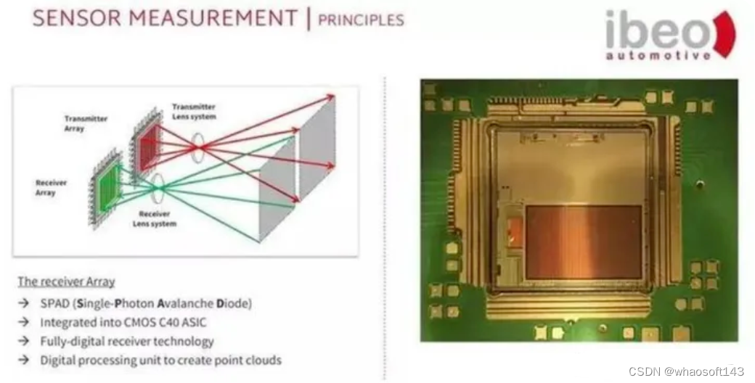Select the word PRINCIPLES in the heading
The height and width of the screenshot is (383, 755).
coord(361,19)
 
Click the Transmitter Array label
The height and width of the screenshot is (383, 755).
coord(85,123)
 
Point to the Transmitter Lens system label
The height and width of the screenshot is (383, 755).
coord(194,111)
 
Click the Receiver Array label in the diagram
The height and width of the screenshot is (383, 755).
coord(52,187)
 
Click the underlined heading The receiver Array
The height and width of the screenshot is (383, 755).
coord(66,281)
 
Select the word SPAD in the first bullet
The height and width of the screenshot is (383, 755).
coord(55,302)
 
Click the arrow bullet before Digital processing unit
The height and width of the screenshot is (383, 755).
coord(24,360)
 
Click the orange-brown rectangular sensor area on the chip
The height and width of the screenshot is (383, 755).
coord(583,242)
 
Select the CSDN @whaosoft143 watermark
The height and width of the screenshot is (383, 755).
coord(686,371)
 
